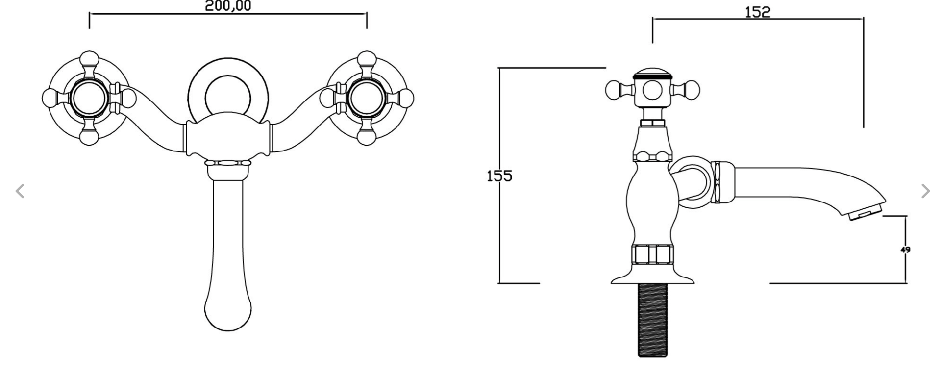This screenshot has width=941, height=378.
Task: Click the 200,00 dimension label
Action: coord(228,6)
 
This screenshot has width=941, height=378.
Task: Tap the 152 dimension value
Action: coord(758,12)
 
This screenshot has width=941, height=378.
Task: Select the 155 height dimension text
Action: coord(499,176)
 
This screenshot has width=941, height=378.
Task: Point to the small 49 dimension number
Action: coord(905,250)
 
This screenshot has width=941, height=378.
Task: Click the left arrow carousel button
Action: coord(20,191)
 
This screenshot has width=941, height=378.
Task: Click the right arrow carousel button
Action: coord(925,191)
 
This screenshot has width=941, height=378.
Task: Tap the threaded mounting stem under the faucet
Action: coord(652,320)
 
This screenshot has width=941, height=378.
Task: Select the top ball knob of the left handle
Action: coord(89,59)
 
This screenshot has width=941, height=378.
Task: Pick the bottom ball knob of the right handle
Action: coord(366,136)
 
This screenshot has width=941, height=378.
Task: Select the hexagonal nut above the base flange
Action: coord(652,254)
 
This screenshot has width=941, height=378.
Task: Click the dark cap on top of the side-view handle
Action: coord(652,75)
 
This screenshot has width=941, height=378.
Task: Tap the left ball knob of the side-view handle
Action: coord(613,90)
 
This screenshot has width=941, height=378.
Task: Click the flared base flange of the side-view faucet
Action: coord(652,275)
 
